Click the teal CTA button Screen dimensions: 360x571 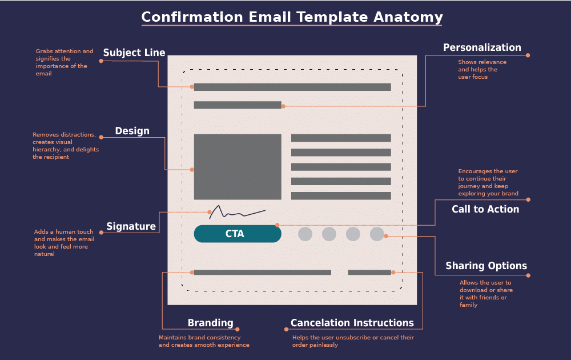click(238, 234)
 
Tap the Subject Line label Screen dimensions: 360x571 click(134, 53)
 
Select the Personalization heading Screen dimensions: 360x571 click(482, 47)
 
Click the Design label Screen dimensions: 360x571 click(132, 131)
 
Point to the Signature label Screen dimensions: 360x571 click(131, 226)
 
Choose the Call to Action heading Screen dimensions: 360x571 click(485, 209)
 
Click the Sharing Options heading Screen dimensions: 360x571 click(486, 266)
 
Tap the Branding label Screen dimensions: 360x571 click(210, 323)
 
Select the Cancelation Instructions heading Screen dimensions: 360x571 click(352, 323)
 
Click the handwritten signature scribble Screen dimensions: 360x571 click(236, 213)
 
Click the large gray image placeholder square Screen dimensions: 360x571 click(238, 167)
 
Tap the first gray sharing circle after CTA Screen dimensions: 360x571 click(305, 234)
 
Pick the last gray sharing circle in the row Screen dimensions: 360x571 click(377, 234)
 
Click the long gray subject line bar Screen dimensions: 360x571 click(292, 87)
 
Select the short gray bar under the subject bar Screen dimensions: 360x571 click(238, 105)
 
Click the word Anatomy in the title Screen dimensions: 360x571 click(408, 17)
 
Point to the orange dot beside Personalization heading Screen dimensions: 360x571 click(528, 55)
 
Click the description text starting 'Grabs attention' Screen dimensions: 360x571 click(64, 62)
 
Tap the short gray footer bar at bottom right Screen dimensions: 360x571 click(369, 273)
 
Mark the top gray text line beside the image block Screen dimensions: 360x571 click(341, 138)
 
